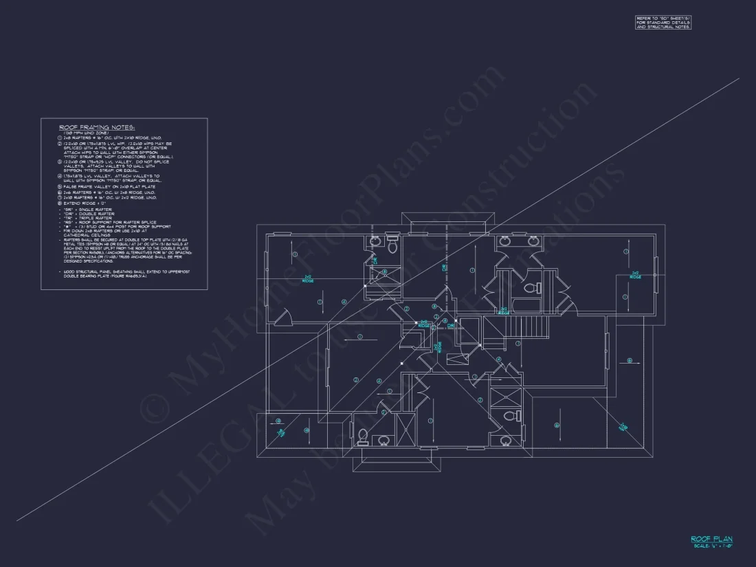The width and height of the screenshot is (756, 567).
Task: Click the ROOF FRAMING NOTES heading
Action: coord(97,127)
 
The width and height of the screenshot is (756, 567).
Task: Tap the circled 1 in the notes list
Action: coord(60,138)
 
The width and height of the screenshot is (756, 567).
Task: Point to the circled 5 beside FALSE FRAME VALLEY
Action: coord(60,186)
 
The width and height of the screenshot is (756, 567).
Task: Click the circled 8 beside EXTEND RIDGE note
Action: coord(60,203)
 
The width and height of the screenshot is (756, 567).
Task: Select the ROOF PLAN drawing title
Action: coord(711,540)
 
